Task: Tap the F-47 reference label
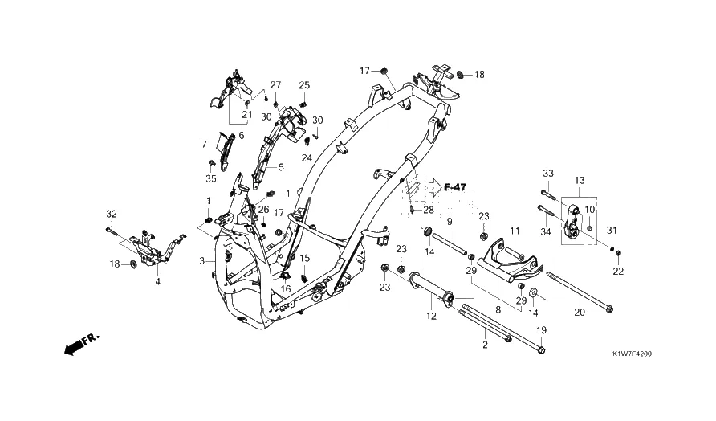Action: [x=455, y=187]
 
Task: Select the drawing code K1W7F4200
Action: [x=632, y=354]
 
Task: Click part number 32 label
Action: [x=112, y=214]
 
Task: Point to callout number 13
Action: [x=580, y=180]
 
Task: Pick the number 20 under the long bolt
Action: [x=579, y=313]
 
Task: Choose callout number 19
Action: [x=541, y=330]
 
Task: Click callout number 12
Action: [x=431, y=316]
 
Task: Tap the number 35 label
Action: [x=210, y=178]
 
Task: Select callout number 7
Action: [x=204, y=145]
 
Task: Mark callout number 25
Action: [x=304, y=85]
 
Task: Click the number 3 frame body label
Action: [x=201, y=261]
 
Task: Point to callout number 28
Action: [x=429, y=210]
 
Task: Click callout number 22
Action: [x=618, y=271]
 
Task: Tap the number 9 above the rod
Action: [x=450, y=222]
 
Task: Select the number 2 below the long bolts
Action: [x=485, y=345]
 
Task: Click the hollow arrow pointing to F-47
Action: [x=433, y=187]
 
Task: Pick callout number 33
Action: [x=548, y=174]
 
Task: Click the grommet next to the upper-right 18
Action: [x=460, y=74]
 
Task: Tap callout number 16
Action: [x=286, y=289]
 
